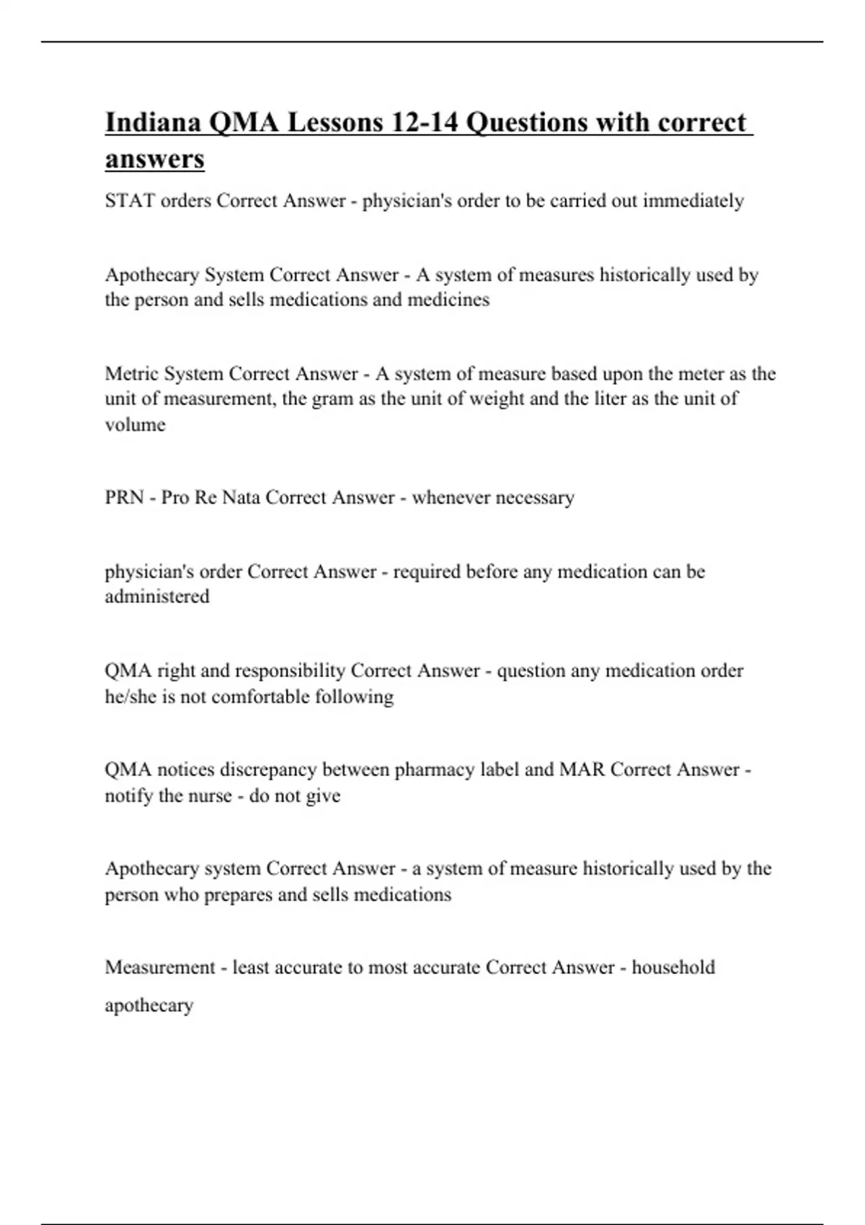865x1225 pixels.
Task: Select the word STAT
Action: coord(130,201)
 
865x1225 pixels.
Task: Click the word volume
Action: coord(135,425)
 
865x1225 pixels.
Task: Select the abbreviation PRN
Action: coord(124,498)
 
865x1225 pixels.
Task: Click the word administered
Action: coord(157,597)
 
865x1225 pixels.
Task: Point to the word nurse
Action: coord(205,796)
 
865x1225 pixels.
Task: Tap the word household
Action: coord(673,968)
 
